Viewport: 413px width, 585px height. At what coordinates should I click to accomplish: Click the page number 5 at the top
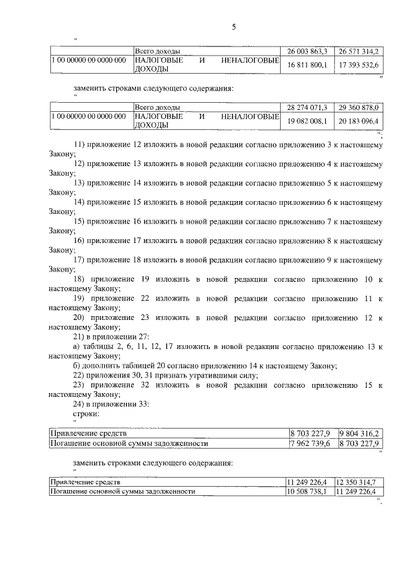point(234,27)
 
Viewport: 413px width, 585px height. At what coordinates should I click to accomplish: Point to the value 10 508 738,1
point(308,491)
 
